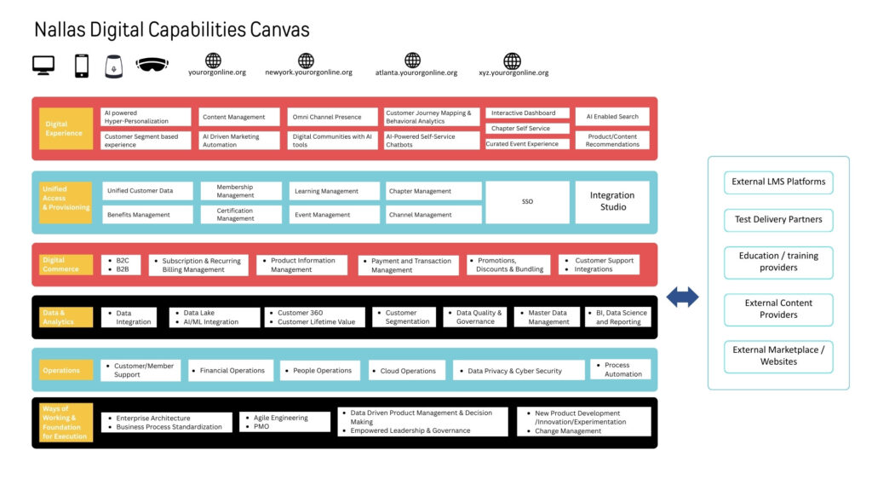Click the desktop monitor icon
[43, 65]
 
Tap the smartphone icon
[82, 66]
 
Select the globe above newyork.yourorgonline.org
[306, 61]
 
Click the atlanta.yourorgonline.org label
[416, 73]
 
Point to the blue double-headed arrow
[682, 297]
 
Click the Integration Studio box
[612, 202]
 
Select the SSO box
[527, 202]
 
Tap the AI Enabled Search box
[612, 117]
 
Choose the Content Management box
[239, 117]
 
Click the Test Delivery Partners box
[778, 220]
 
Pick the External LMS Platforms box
[778, 182]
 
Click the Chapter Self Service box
[527, 129]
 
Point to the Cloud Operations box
[407, 371]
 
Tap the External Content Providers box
[778, 309]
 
